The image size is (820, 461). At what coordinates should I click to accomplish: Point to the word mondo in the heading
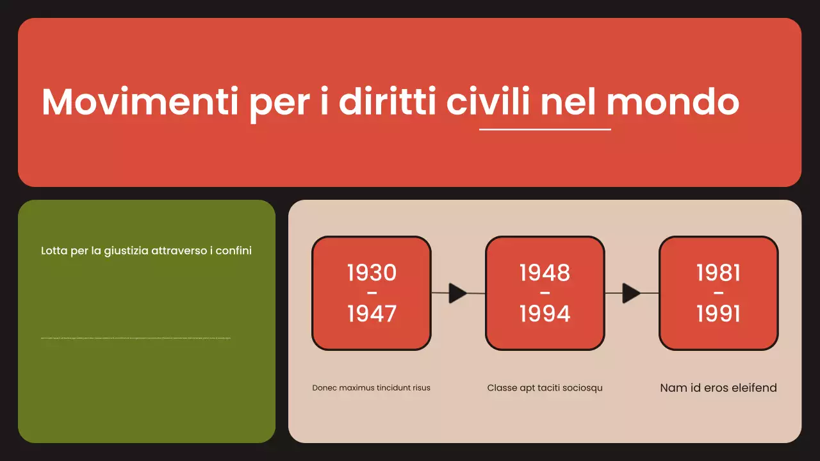coord(673,102)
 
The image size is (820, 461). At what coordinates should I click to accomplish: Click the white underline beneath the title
coord(545,129)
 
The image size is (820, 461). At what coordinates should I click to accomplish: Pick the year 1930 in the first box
coord(372,273)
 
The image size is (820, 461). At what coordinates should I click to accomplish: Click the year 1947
coord(372,314)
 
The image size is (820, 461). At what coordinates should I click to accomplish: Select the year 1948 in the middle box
coord(545,273)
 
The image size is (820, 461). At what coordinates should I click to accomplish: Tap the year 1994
coord(545,314)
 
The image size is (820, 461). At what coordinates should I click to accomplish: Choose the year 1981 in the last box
coord(718,273)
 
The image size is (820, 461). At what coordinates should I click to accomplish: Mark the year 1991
coord(718,314)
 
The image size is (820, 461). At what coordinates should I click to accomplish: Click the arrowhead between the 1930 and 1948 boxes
coord(457,293)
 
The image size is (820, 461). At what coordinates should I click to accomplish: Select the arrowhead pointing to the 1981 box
coord(631,293)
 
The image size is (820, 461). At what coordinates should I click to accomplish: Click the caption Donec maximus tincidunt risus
coord(372,388)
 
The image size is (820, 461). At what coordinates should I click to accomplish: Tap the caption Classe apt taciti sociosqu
coord(545,388)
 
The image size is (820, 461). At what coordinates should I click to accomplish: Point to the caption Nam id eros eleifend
coord(718,388)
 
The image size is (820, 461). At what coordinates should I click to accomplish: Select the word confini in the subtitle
coord(234,251)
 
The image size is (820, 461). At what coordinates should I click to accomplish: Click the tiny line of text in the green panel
coord(135,338)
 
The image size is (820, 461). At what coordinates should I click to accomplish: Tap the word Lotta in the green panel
coord(54,251)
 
